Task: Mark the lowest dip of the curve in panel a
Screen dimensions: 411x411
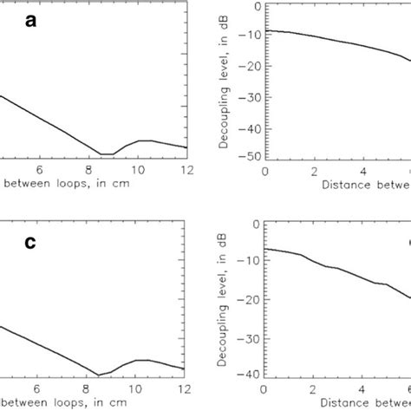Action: click(x=107, y=153)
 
